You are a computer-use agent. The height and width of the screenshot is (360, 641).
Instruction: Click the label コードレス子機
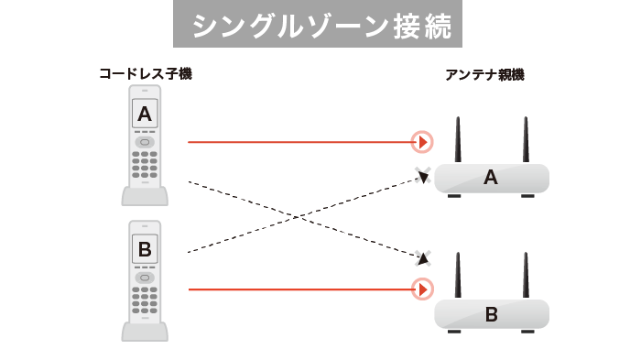(x=146, y=73)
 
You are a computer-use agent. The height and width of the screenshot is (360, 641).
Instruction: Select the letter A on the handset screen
(x=145, y=114)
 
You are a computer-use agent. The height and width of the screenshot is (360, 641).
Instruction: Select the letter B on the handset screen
(x=145, y=249)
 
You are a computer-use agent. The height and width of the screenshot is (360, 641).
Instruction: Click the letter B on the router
(x=490, y=315)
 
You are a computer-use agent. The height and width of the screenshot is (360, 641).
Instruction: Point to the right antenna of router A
(x=527, y=139)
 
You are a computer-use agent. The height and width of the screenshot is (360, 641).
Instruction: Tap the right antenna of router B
(x=527, y=276)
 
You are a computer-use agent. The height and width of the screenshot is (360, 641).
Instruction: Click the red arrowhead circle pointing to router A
(x=421, y=142)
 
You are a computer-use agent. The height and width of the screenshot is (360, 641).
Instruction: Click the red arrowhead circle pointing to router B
(x=421, y=290)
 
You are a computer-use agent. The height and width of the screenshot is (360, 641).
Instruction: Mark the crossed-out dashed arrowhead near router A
(x=423, y=177)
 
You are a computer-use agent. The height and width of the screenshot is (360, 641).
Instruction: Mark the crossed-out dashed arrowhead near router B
(x=422, y=257)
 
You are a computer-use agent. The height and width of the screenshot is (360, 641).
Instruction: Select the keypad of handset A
(x=145, y=167)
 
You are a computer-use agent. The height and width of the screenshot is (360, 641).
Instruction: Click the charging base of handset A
(x=145, y=197)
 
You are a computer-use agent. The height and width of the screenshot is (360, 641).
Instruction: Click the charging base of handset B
(x=145, y=332)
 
